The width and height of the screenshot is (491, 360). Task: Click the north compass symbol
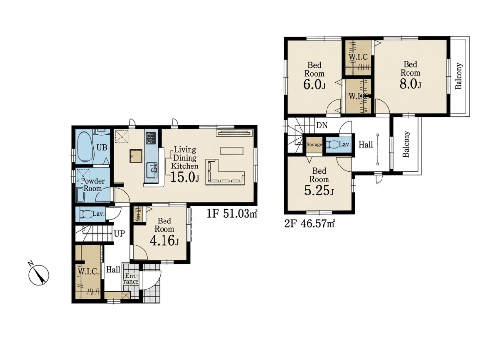click(38, 274)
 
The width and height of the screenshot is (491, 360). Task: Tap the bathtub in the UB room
click(84, 147)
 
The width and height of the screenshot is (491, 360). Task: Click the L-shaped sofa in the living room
click(224, 172)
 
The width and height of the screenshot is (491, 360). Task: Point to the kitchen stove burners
click(150, 138)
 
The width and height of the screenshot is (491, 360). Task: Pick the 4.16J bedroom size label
click(164, 241)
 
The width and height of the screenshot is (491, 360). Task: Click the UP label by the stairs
click(119, 234)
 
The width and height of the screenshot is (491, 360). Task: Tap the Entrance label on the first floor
click(132, 278)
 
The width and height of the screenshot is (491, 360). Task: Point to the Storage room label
click(314, 145)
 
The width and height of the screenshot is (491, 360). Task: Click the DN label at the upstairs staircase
click(322, 125)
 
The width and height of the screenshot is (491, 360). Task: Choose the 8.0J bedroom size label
click(410, 84)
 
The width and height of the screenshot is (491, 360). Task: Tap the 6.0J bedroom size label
click(315, 85)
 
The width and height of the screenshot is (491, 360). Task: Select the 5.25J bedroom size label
click(319, 191)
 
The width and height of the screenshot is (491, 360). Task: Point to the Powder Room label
click(93, 185)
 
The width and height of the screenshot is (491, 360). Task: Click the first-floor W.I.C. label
click(88, 271)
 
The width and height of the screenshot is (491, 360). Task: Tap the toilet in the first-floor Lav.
click(85, 214)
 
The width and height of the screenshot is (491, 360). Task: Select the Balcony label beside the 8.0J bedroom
click(459, 77)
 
